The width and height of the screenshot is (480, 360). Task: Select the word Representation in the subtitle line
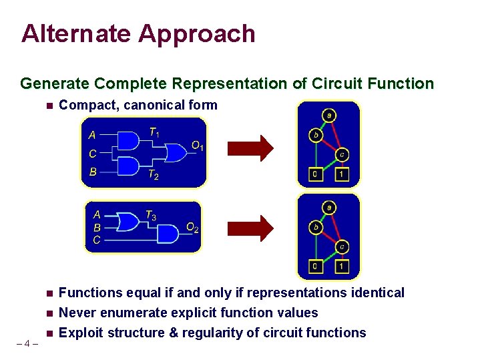230,83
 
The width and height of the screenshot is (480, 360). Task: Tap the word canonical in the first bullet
162,105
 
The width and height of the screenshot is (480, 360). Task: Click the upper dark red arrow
250,148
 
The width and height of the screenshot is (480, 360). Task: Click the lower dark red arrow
250,228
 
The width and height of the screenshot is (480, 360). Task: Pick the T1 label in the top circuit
154,133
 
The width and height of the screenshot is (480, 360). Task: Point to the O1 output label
197,146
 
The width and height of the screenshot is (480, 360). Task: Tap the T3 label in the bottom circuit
152,215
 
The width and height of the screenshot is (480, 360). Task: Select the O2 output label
192,228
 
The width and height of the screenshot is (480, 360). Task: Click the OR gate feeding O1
176,152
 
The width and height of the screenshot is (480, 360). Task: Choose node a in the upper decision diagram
328,116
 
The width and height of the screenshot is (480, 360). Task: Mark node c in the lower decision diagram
341,246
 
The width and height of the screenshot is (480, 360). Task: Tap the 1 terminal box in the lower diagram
341,267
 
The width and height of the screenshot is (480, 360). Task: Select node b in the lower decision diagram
316,227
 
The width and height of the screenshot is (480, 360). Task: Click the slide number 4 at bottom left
27,345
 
